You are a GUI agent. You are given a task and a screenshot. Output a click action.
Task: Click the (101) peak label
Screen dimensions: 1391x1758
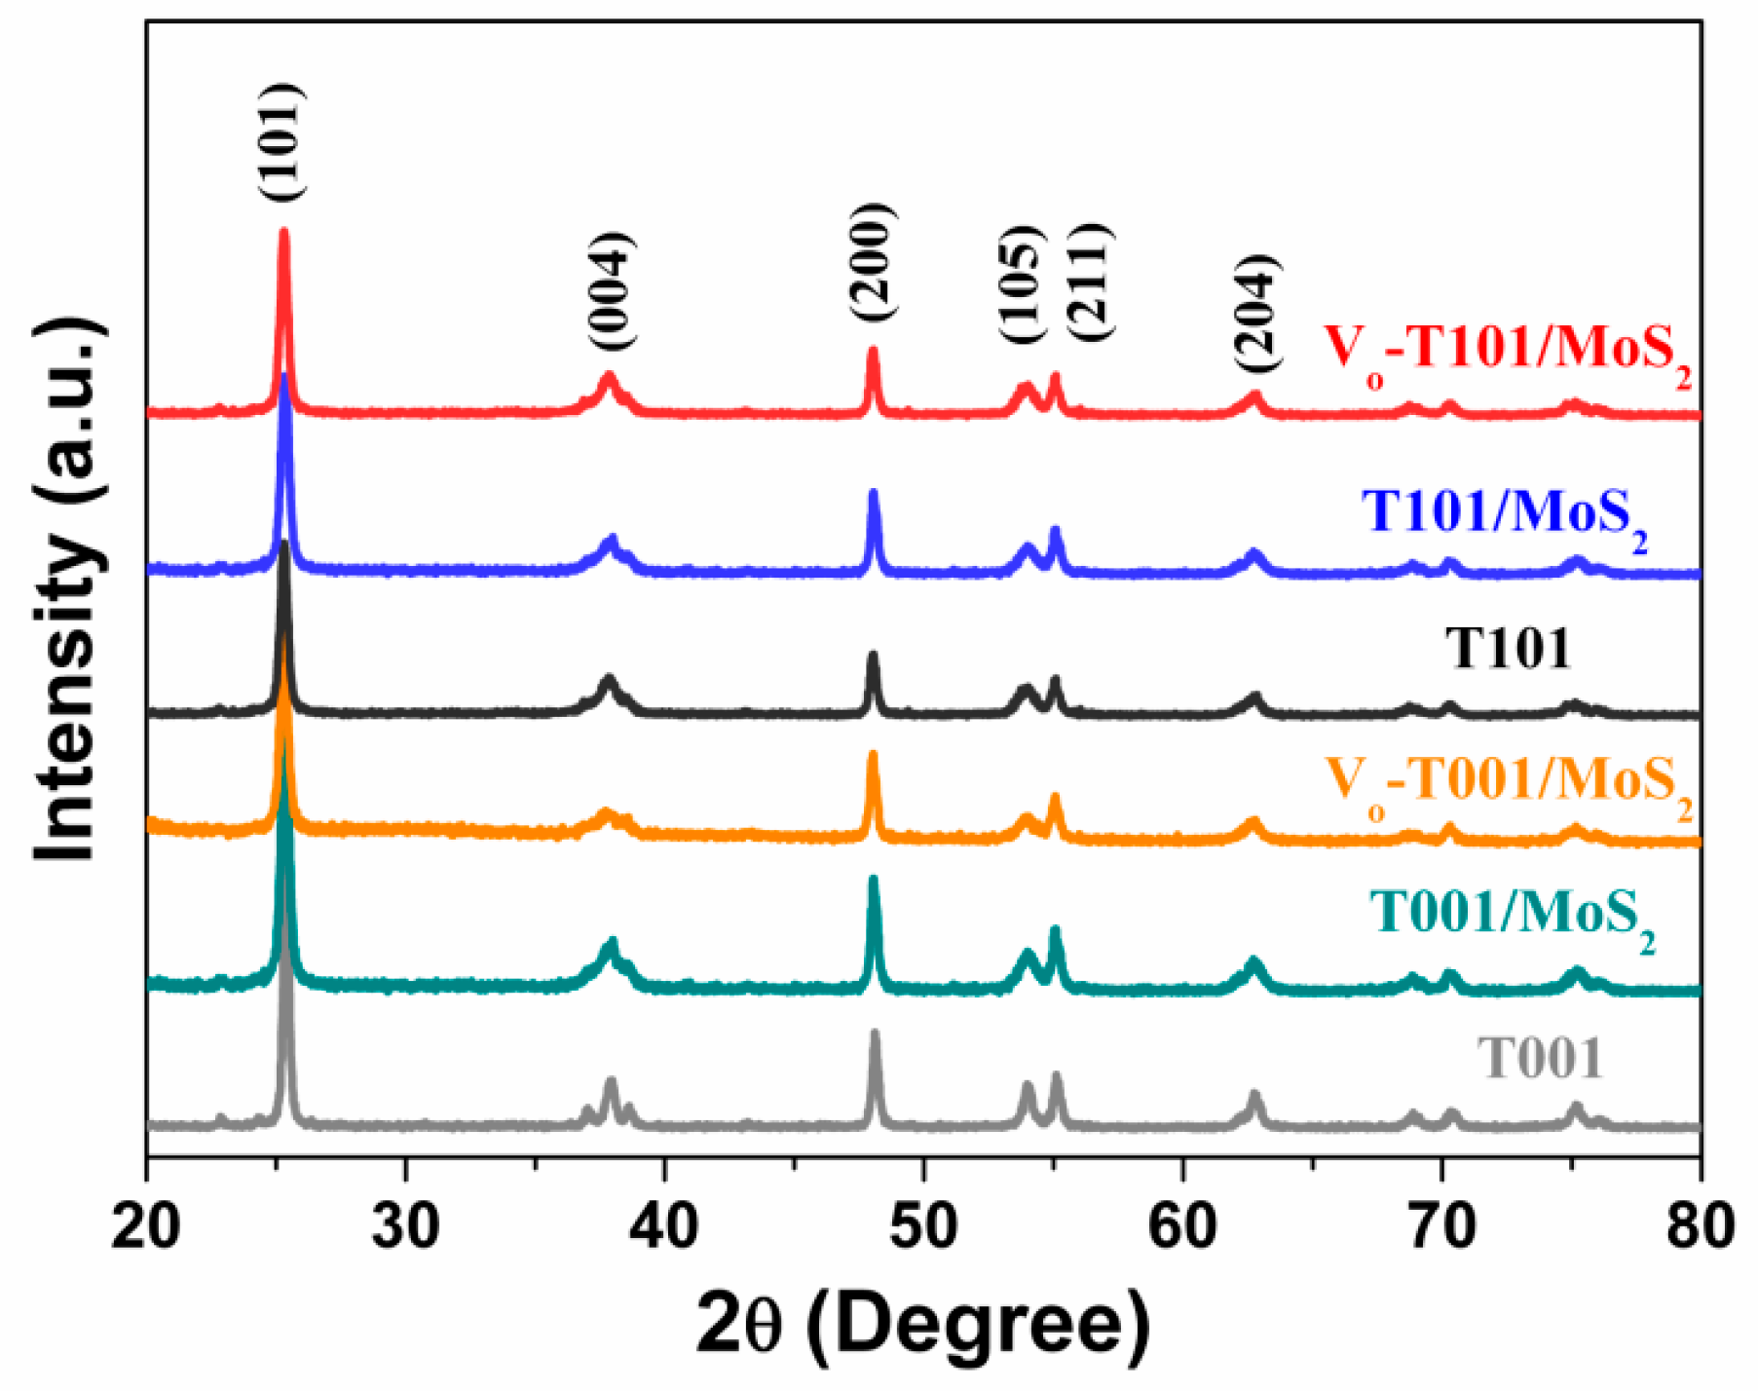[x=283, y=142]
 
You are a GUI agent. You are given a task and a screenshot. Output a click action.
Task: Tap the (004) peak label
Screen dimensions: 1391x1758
[x=612, y=291]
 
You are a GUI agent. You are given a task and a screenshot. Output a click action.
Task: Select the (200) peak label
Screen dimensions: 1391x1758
[x=871, y=263]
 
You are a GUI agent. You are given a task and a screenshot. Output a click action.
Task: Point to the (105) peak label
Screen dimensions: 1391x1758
[x=1022, y=283]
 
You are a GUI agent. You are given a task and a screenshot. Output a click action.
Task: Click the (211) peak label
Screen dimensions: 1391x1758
[x=1088, y=282]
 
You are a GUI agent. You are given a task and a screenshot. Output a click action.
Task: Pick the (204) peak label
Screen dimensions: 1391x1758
[x=1255, y=314]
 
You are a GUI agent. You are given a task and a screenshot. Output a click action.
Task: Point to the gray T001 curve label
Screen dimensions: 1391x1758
[x=1539, y=1058]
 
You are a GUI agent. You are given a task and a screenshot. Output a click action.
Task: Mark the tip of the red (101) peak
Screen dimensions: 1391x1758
[x=284, y=232]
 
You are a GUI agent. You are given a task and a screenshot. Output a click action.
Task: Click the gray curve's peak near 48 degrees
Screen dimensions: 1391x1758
[x=875, y=1033]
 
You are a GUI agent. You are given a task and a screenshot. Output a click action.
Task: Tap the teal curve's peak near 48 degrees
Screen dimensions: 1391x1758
[x=874, y=880]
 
